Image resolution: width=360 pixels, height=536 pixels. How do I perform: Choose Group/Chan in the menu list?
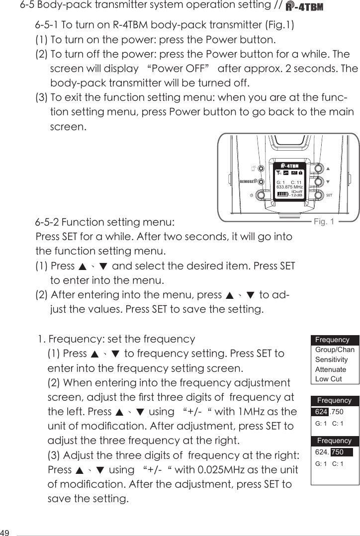[x=335, y=350]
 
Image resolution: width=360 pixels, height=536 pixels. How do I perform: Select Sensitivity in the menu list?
[x=332, y=359]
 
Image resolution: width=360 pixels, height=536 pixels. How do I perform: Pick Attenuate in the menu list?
[x=331, y=369]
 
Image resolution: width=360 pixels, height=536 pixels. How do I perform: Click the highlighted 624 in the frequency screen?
[x=321, y=412]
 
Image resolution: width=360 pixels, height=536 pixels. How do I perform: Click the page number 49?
[x=6, y=530]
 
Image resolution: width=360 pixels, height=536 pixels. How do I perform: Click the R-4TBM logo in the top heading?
[x=305, y=7]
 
